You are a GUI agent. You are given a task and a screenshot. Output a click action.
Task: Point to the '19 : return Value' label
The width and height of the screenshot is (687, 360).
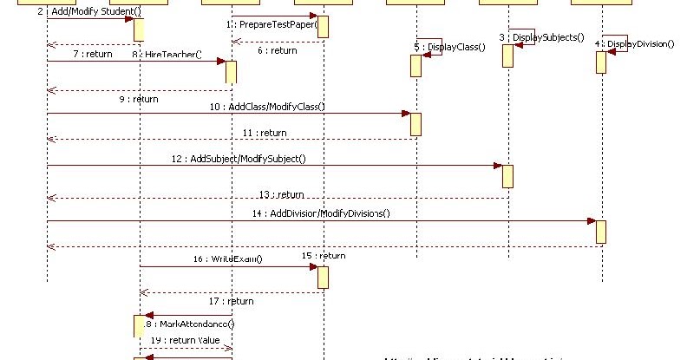click(186, 340)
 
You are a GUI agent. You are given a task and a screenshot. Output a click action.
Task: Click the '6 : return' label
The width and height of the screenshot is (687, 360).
click(278, 51)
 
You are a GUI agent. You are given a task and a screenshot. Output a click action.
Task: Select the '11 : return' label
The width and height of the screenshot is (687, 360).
click(265, 133)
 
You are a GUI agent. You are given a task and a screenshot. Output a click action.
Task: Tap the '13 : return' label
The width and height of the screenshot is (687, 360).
click(283, 194)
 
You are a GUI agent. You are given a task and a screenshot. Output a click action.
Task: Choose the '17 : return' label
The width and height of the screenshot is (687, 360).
click(232, 301)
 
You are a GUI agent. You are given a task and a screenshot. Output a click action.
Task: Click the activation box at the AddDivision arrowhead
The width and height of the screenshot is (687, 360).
click(600, 232)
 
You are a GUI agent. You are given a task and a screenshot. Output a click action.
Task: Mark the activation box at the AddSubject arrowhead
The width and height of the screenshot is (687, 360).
click(507, 176)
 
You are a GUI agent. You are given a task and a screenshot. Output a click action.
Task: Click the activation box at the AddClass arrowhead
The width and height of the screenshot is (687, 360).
click(415, 124)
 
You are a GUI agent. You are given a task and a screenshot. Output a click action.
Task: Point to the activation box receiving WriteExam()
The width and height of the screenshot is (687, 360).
click(323, 278)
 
